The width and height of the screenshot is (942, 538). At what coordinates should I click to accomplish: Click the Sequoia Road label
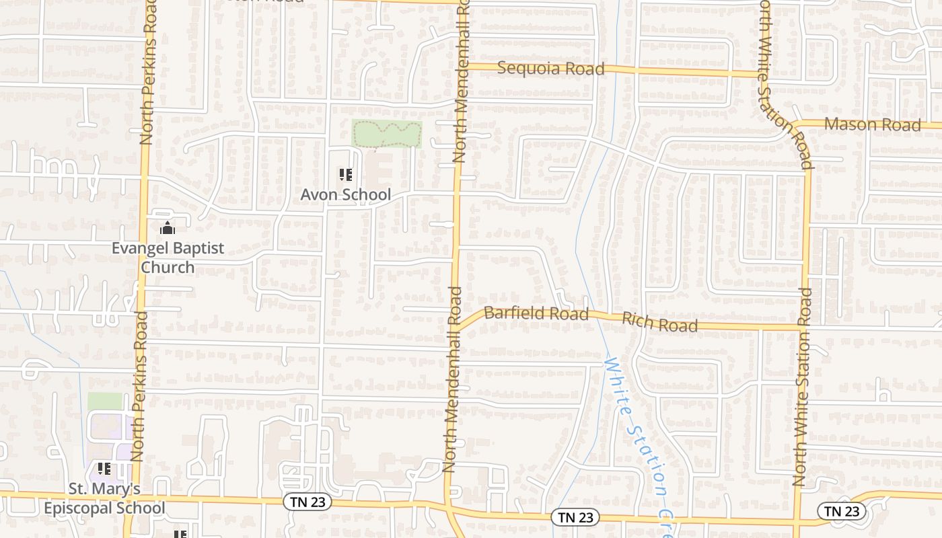[550, 69]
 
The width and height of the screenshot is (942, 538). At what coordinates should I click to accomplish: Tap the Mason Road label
[872, 124]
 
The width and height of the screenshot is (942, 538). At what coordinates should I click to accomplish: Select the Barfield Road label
[536, 313]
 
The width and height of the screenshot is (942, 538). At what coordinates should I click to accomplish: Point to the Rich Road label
[659, 322]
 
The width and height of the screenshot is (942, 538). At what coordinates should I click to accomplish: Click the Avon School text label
[345, 194]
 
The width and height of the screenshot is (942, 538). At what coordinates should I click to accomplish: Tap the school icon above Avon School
[346, 176]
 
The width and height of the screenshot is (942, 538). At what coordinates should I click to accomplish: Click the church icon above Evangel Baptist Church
[168, 229]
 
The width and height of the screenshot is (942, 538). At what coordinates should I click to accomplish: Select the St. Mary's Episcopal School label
[104, 498]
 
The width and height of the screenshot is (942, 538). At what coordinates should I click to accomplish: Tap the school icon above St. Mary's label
[104, 468]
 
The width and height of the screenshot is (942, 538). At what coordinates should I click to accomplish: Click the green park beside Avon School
[386, 134]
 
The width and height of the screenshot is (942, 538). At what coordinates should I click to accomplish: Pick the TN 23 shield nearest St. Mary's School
[307, 502]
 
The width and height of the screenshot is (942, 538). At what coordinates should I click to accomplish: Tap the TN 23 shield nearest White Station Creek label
[575, 516]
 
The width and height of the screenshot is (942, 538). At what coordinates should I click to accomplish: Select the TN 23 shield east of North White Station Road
[842, 511]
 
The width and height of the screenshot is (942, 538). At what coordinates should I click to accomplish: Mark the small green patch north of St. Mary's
[105, 401]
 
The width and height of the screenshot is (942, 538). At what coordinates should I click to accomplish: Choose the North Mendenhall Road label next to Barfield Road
[451, 380]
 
